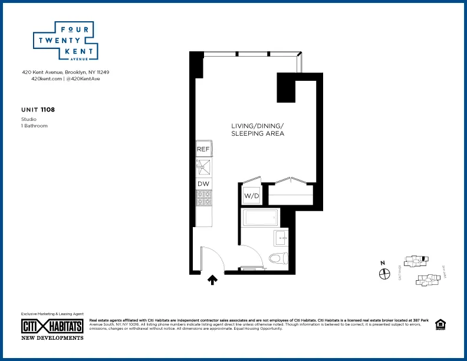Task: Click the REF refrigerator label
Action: point(203,149)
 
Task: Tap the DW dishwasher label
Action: point(203,184)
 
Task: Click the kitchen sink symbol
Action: point(203,168)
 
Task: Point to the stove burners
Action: point(203,200)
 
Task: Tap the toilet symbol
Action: point(278,258)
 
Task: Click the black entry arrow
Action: point(212,280)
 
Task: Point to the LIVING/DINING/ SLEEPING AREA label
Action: point(258,130)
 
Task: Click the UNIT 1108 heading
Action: point(38,110)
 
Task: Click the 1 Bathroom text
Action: point(34,126)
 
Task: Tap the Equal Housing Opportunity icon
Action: point(439,324)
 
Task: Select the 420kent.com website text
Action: point(46,78)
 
